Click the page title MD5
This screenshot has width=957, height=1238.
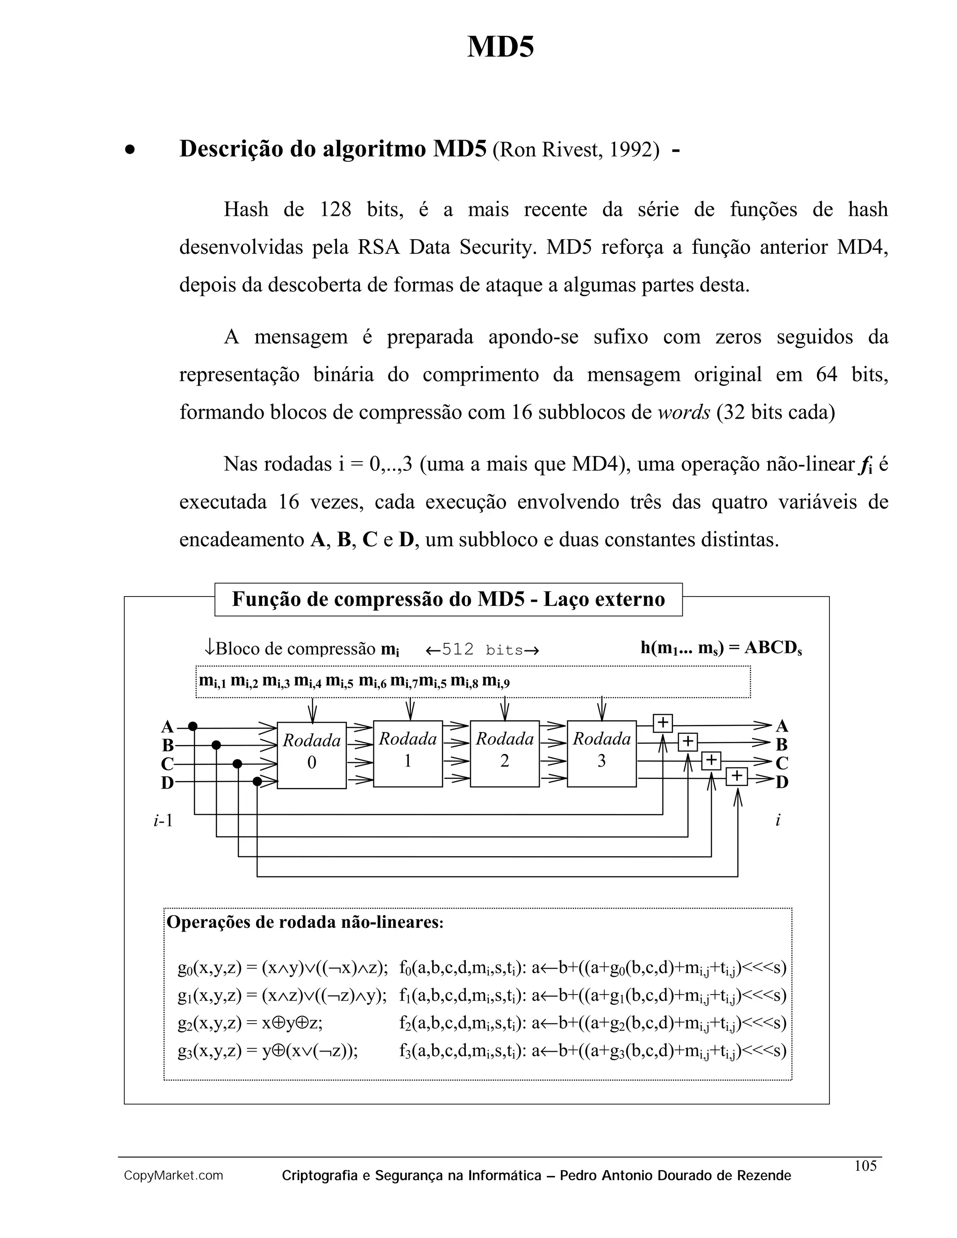[x=500, y=46]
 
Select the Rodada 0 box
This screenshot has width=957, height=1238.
[x=311, y=754]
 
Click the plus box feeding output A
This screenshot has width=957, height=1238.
[x=663, y=723]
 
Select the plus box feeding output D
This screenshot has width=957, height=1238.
[x=736, y=776]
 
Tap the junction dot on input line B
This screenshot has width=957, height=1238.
[x=216, y=745]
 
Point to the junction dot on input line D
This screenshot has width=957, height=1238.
[x=257, y=782]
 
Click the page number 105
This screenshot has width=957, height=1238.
[x=865, y=1166]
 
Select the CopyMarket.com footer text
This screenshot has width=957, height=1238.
[x=173, y=1176]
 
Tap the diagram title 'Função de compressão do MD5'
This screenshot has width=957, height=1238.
[x=448, y=599]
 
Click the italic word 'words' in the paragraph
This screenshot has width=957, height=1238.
[x=684, y=412]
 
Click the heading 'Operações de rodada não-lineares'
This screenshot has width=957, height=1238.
[x=305, y=922]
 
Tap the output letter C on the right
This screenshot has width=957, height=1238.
[x=782, y=763]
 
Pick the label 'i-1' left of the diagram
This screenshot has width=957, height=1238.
[x=163, y=820]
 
